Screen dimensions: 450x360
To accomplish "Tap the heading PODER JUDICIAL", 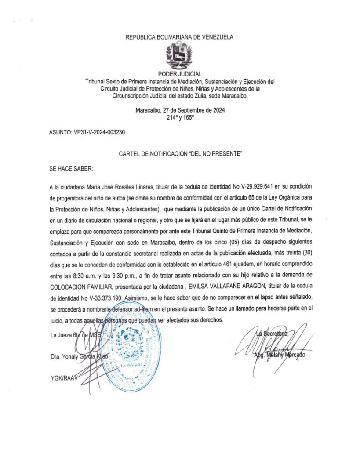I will click(x=179, y=74).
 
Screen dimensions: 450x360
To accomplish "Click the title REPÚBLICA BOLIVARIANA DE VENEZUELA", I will click(x=179, y=37).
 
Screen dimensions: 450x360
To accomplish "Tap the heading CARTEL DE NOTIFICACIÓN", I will click(x=180, y=154).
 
